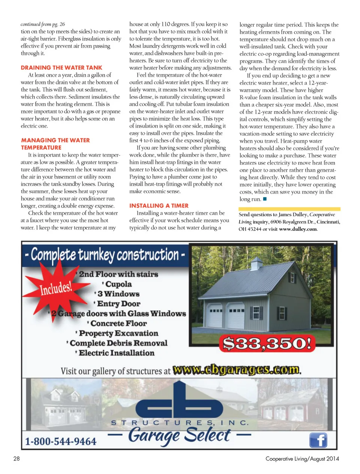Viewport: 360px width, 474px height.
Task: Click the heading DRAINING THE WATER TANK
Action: tap(61, 68)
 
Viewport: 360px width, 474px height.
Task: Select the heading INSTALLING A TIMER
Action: tap(159, 206)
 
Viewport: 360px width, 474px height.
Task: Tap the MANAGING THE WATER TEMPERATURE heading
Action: tap(55, 144)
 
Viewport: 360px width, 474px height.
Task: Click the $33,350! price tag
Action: tap(267, 343)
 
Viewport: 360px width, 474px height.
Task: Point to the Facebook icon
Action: tap(318, 440)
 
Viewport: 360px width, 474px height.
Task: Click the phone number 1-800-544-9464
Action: tap(61, 441)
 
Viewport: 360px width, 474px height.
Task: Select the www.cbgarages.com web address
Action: tap(237, 370)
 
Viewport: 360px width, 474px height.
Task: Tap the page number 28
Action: tap(16, 458)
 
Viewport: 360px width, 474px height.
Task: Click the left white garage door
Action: tap(215, 316)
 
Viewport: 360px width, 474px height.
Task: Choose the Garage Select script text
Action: tap(179, 435)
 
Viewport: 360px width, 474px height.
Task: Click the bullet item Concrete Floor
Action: tap(118, 323)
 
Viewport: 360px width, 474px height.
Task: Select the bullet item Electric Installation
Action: tap(116, 353)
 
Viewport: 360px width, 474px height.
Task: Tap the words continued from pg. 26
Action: tap(43, 24)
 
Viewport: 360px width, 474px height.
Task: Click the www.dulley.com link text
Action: tap(298, 229)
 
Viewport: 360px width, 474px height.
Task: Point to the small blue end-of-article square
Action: tap(265, 199)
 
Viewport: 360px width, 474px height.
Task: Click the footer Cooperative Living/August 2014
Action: tap(302, 458)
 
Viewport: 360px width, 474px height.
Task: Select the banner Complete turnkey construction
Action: tap(105, 255)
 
